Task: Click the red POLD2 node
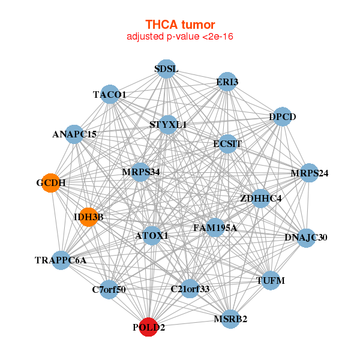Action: (148, 328)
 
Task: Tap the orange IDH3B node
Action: (89, 217)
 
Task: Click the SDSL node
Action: (166, 69)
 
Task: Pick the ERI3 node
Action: (227, 82)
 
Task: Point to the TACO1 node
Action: (110, 94)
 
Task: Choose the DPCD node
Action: (282, 117)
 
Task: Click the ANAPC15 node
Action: (74, 134)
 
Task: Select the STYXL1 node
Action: (168, 125)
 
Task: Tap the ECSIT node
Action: (227, 144)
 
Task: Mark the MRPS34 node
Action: (141, 172)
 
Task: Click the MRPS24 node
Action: (309, 173)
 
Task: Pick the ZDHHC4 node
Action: (260, 197)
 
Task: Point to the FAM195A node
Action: (215, 228)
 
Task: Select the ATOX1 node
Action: (152, 236)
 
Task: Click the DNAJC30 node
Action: (306, 238)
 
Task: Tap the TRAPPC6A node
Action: (61, 260)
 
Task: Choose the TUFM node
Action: (271, 280)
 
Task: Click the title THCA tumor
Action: (180, 25)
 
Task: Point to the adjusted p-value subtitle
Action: (180, 37)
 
